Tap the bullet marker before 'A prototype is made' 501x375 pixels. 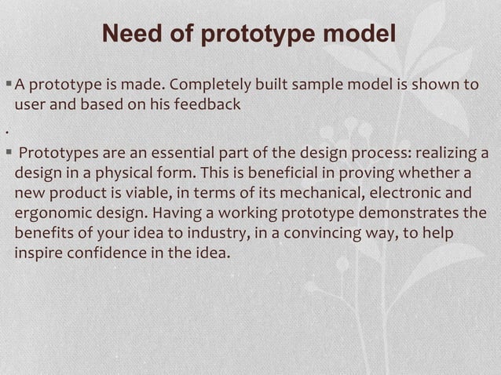pyautogui.click(x=8, y=85)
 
